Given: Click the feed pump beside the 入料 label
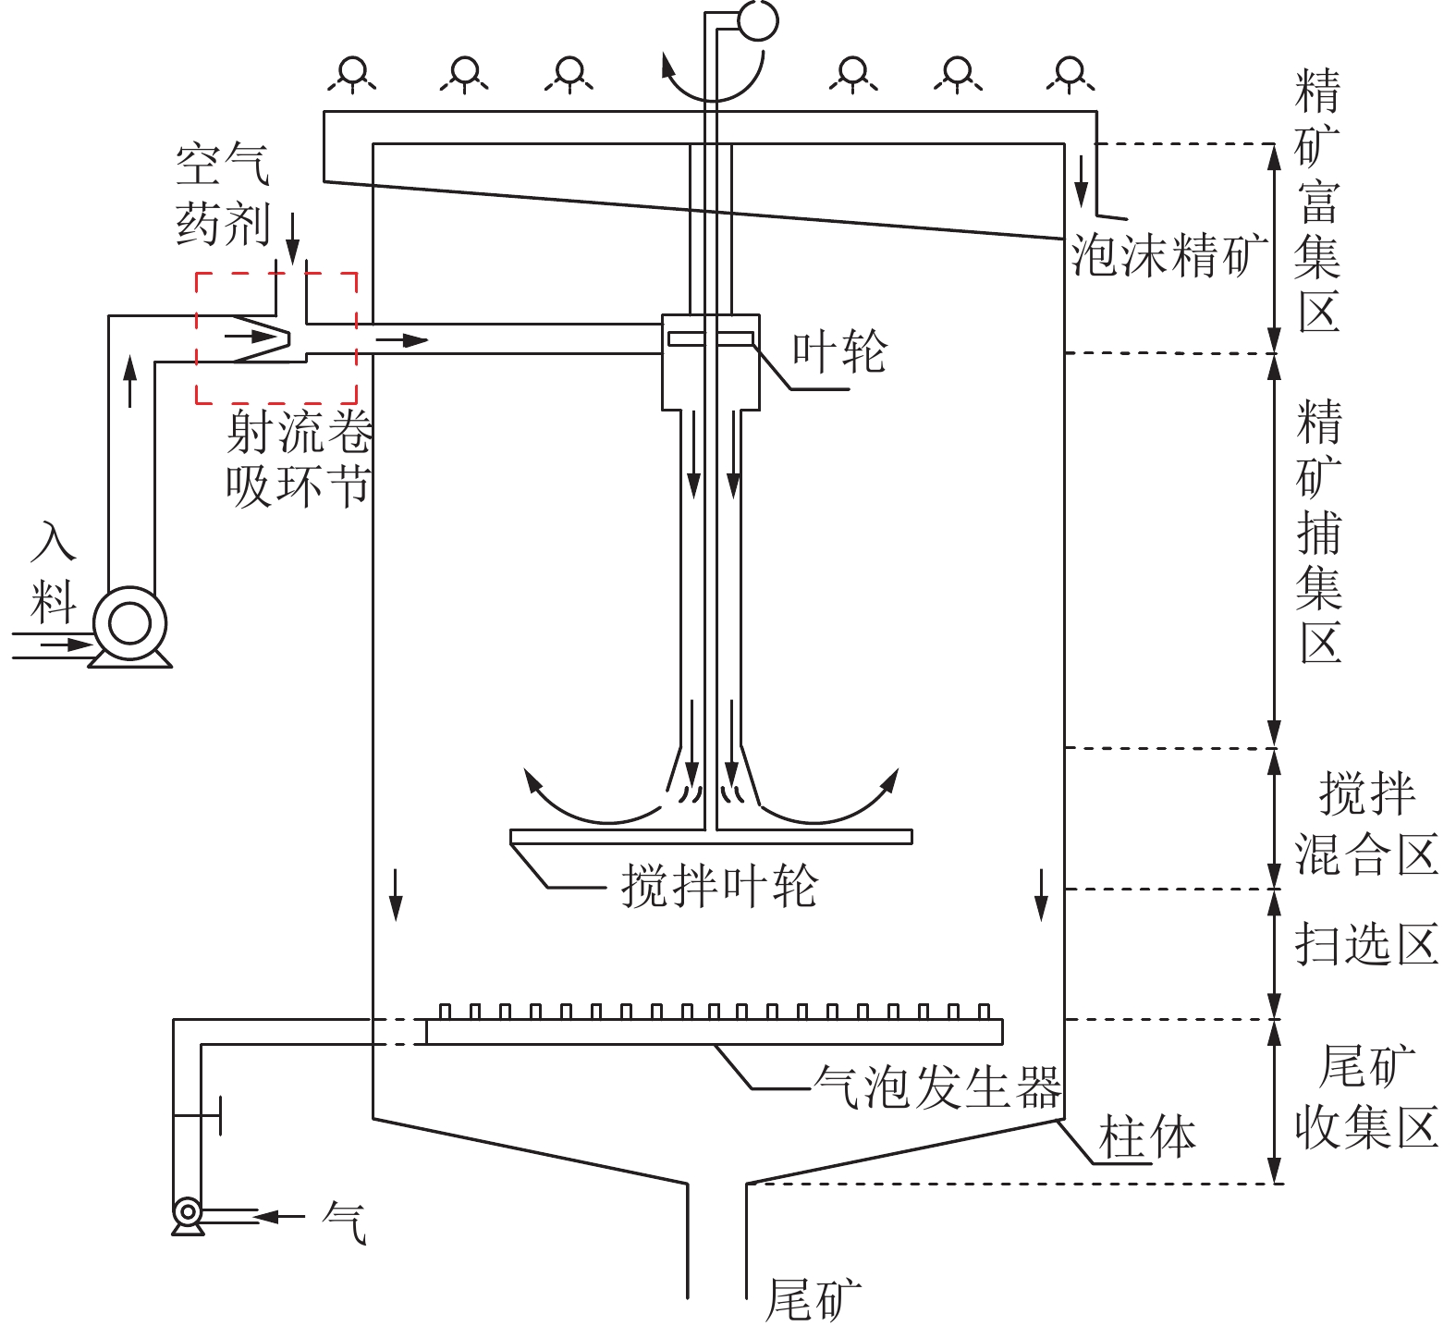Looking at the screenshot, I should point(129,624).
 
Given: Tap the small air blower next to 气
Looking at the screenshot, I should point(188,1211).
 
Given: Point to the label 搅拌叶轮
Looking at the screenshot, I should point(718,886).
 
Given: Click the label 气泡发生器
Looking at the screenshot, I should point(936,1086).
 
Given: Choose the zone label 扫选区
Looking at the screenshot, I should point(1365,944).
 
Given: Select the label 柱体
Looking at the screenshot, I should point(1146,1136).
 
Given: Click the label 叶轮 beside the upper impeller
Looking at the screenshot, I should point(839,351).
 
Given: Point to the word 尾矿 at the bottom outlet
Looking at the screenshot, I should point(814,1300).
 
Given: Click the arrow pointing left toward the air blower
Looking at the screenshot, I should point(277,1217).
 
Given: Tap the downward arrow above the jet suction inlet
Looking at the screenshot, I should point(292,238).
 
